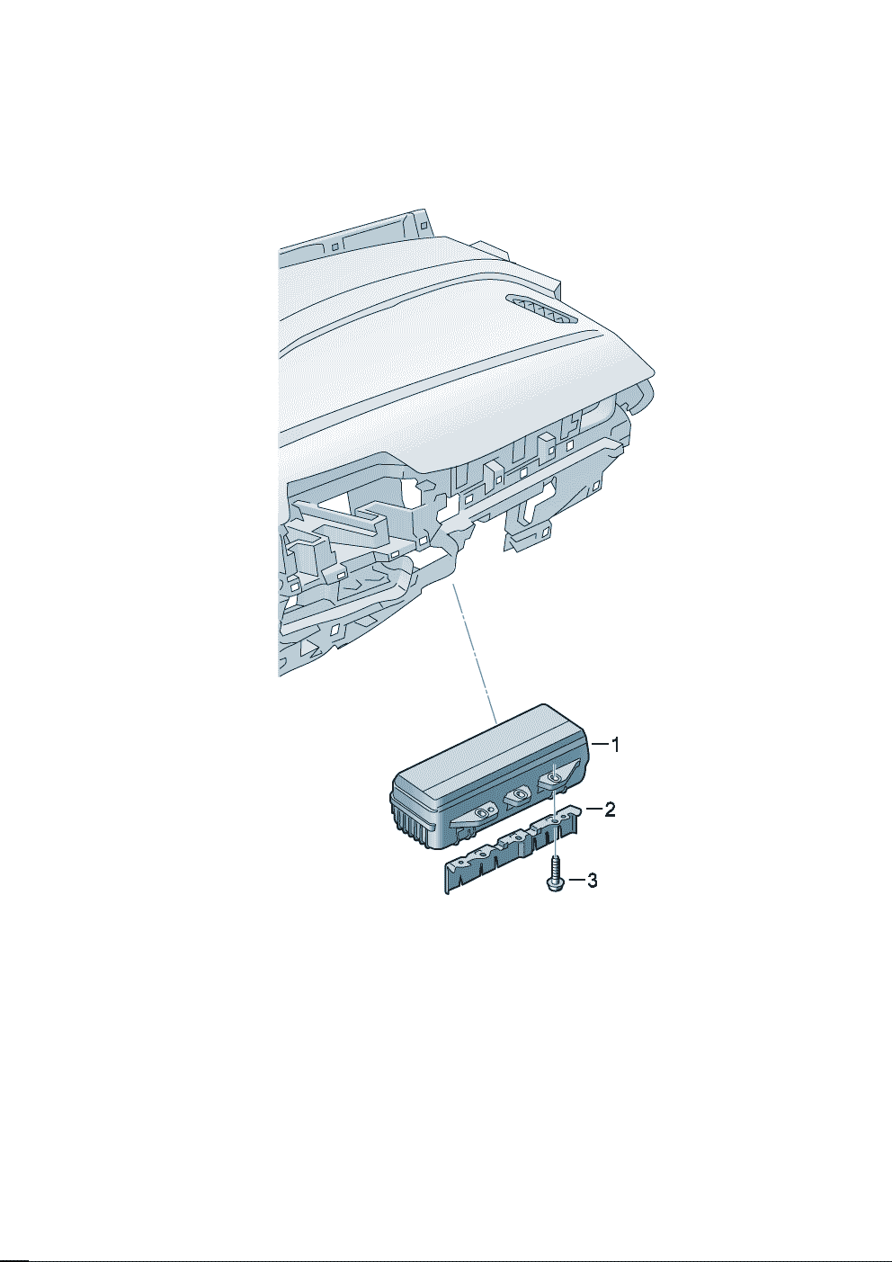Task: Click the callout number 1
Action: coord(616,745)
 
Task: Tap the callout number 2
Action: coord(610,810)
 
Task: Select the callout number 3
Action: coord(592,880)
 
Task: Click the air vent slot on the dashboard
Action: coord(541,309)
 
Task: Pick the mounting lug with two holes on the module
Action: coord(483,812)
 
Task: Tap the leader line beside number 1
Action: coord(599,745)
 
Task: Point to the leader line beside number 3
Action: coord(575,880)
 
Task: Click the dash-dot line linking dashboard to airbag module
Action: coord(474,654)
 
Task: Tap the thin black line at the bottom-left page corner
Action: coord(13,1258)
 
